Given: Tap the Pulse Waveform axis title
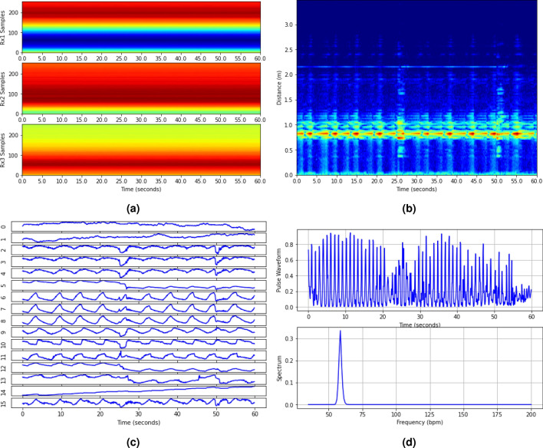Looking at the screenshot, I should tap(280, 269).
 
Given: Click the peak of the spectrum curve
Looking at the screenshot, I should tap(340, 331).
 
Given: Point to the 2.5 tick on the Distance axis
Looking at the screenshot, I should tap(289, 50).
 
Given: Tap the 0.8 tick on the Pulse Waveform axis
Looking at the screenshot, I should tap(297, 245).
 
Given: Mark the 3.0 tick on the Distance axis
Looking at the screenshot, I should tap(289, 25).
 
